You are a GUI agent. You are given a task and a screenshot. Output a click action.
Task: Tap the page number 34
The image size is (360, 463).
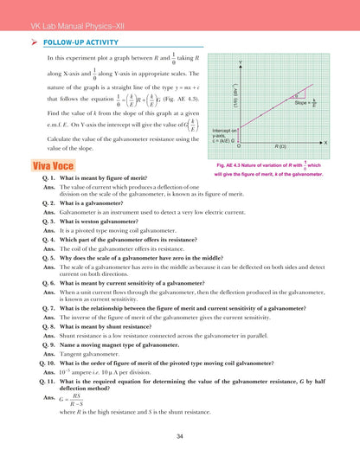click(179, 435)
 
